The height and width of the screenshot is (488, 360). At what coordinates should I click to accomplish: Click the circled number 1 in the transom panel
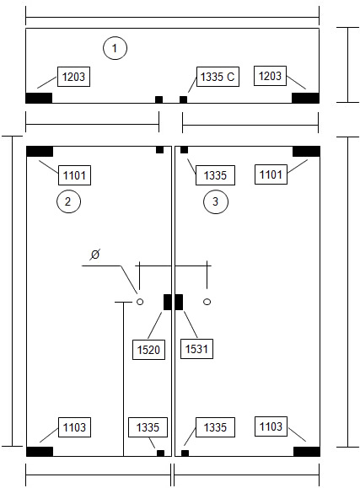tap(115, 48)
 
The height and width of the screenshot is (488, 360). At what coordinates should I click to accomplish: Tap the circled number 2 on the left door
tap(68, 201)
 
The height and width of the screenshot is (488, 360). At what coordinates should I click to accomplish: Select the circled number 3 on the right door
tap(216, 201)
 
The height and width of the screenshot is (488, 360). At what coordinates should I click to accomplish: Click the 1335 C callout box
tap(218, 77)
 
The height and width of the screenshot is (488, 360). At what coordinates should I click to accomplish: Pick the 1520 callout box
tap(148, 350)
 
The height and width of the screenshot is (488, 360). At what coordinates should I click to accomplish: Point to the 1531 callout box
tap(196, 349)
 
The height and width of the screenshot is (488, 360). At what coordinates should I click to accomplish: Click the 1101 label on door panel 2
tap(74, 175)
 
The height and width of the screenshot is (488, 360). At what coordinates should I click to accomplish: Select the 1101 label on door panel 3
tap(271, 174)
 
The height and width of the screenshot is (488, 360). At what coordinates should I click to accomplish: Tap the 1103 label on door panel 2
tap(74, 427)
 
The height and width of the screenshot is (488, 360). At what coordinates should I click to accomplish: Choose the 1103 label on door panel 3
tap(271, 426)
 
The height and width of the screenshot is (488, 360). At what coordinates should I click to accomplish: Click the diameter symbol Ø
tap(95, 255)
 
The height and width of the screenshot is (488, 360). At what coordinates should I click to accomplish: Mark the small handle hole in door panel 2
tap(140, 302)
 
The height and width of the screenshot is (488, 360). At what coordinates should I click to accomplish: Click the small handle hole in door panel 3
tap(207, 302)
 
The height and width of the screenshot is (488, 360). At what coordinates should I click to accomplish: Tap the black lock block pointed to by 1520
tap(168, 302)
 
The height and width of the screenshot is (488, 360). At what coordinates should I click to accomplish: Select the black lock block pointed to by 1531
tap(179, 302)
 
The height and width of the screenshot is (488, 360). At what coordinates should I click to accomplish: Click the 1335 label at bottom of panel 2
tap(148, 427)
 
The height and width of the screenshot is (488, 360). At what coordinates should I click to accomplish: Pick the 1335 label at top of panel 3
tap(215, 175)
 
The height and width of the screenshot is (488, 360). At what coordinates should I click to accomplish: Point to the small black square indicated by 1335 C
tap(184, 99)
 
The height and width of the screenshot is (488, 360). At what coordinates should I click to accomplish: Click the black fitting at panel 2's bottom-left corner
tap(40, 452)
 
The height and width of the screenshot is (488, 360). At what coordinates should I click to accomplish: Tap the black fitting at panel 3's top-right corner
tap(306, 151)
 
